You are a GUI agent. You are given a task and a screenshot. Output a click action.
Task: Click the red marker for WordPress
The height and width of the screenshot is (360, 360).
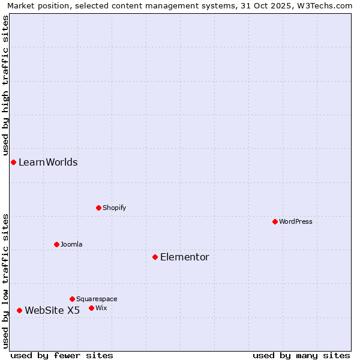(x=275, y=221)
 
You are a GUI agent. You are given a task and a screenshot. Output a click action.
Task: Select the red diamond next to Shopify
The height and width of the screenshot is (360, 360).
(x=98, y=208)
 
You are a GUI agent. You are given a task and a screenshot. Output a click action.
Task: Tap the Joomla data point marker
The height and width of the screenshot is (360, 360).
(x=56, y=244)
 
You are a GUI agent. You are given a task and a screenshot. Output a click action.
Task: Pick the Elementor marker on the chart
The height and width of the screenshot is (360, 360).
(x=155, y=257)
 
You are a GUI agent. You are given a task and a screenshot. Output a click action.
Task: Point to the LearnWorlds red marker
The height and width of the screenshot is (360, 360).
(x=13, y=162)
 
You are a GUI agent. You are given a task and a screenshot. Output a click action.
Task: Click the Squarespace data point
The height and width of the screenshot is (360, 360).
(x=72, y=299)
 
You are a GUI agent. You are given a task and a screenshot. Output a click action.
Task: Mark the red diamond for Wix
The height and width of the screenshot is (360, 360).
(x=91, y=308)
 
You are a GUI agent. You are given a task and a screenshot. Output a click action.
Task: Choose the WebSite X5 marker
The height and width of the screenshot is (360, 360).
(x=19, y=310)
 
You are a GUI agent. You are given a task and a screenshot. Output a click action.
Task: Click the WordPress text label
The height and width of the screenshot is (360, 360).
(x=296, y=221)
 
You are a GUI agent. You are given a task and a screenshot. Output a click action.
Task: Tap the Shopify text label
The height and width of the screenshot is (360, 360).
(x=114, y=208)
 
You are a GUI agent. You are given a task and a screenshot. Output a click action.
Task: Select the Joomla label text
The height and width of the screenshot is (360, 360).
(x=71, y=244)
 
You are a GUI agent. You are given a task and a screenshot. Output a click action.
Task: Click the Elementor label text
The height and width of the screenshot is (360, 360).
(x=185, y=257)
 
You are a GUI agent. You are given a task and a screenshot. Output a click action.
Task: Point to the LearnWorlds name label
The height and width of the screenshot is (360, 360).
(x=48, y=162)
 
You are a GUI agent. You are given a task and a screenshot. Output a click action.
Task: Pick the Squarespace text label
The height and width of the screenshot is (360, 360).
(x=97, y=299)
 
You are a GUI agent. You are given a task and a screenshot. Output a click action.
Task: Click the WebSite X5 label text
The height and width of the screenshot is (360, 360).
(x=52, y=310)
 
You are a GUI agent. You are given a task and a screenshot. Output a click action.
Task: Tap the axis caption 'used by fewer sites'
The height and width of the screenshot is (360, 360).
(x=62, y=355)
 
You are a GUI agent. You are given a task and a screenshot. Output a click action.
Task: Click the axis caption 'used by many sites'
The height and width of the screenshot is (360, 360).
(x=301, y=355)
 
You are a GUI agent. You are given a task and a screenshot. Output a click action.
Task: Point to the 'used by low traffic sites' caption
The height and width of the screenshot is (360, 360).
(x=5, y=280)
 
